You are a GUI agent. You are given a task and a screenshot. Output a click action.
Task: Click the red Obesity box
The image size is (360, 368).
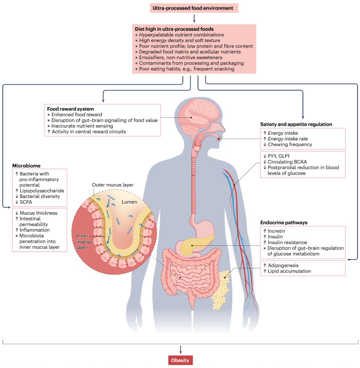(x=180, y=360)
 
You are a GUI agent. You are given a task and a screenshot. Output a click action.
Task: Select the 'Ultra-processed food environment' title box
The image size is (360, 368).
(x=193, y=8)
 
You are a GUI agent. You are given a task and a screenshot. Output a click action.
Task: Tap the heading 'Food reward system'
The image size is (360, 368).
(x=71, y=109)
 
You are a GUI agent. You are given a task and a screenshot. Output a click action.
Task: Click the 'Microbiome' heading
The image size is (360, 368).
(x=26, y=166)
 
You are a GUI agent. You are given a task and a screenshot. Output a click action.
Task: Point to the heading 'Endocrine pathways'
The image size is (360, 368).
(x=284, y=223)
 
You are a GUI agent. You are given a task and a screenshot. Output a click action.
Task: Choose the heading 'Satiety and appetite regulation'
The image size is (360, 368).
(x=296, y=124)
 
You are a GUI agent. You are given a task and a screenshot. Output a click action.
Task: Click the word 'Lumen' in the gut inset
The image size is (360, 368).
(x=129, y=202)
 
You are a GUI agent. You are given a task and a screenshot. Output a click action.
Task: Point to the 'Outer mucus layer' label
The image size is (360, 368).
(x=113, y=185)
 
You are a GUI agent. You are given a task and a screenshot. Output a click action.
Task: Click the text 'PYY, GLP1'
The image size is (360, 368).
(x=279, y=156)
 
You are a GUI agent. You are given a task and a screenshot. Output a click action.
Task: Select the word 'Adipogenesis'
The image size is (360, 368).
(x=283, y=265)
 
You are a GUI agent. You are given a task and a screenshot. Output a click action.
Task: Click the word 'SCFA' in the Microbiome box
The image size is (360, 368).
(x=26, y=202)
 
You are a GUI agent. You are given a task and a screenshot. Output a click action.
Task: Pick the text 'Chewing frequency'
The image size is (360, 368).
(x=290, y=144)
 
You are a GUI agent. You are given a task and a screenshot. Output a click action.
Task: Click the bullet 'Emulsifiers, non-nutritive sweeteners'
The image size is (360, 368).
(x=180, y=57)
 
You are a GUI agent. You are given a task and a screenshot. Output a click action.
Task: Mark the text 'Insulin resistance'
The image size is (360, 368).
(x=287, y=242)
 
